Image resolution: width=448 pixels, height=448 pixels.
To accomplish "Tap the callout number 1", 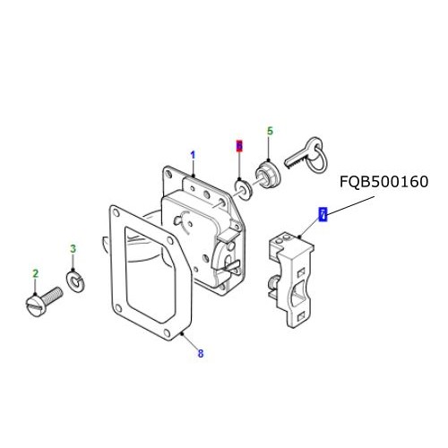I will (193, 155).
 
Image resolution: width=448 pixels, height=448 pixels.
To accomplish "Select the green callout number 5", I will (270, 133).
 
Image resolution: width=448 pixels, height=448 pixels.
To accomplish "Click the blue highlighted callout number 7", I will (323, 214).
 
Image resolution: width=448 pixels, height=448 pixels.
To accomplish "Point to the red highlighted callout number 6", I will (239, 144).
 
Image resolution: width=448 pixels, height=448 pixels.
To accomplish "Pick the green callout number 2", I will (35, 273).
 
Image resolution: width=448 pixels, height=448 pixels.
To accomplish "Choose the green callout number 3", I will (73, 248).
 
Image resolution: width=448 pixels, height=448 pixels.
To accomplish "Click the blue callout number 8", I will (201, 352).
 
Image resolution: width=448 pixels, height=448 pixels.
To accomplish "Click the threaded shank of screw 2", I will (51, 292).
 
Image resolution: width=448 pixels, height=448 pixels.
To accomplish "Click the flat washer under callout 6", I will (240, 188).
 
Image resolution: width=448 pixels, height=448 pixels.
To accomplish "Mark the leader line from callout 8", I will (191, 341).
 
